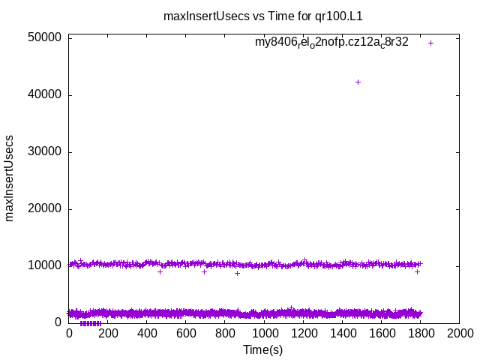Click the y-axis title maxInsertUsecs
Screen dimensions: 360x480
(x=10, y=178)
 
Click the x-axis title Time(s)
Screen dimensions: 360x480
(x=263, y=349)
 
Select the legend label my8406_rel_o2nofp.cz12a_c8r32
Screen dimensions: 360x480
(x=331, y=43)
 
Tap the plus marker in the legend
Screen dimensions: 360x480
(x=430, y=43)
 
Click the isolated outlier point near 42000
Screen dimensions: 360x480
(x=358, y=82)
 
